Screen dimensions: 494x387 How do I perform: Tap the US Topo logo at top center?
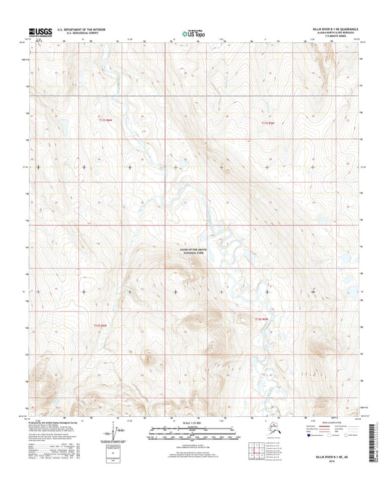coord(192,32)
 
